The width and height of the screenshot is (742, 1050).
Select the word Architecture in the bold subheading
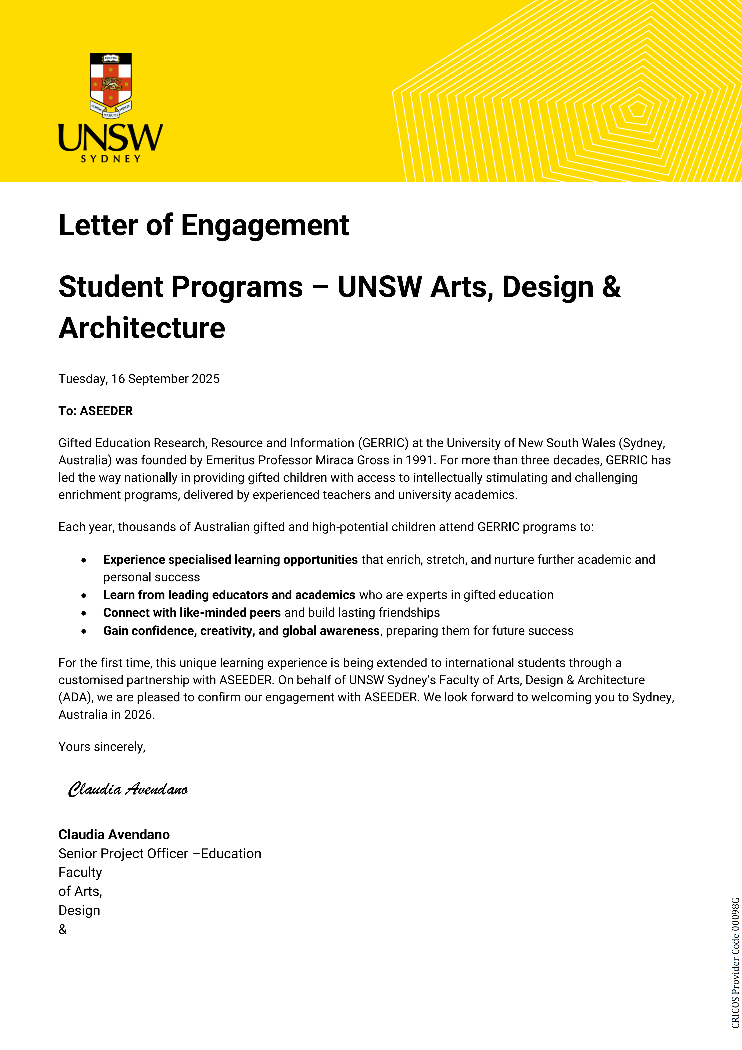click(x=142, y=328)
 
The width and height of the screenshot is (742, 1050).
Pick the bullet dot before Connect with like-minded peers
click(x=84, y=613)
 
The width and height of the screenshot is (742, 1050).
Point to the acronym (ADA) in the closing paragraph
click(x=75, y=697)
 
